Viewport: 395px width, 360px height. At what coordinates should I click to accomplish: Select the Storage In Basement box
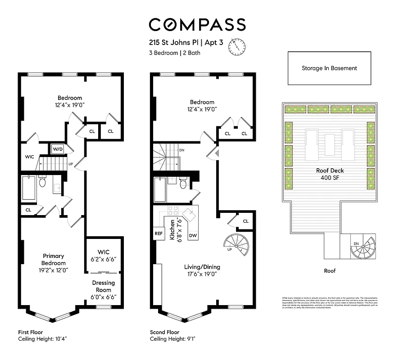(x=329, y=68)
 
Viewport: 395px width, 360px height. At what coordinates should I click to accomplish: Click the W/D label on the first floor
(x=58, y=149)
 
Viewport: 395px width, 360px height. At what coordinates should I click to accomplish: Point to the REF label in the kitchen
(x=159, y=234)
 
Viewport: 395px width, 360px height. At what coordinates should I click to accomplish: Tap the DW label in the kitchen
(x=192, y=235)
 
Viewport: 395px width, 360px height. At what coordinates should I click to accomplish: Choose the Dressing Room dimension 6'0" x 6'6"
(x=104, y=297)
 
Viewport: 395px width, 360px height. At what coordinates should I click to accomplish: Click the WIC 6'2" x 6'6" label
(x=104, y=256)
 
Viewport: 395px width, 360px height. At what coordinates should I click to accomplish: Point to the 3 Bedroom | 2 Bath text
(x=175, y=53)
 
